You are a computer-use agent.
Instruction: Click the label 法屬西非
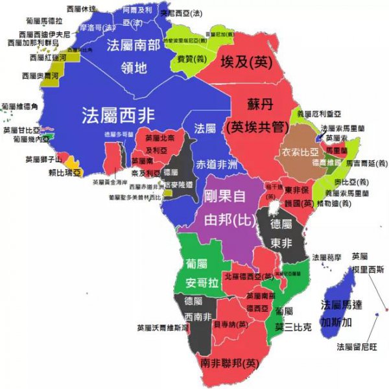tap(118, 115)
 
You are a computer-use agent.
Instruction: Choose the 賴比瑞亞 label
tap(65, 172)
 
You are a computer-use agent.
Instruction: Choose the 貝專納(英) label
tap(230, 324)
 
